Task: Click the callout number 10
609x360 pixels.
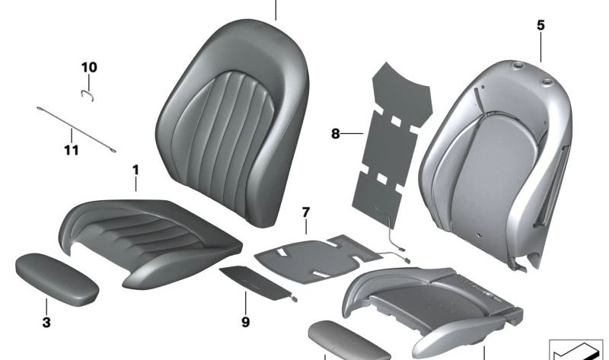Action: (x=89, y=68)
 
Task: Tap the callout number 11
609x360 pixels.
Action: (x=71, y=150)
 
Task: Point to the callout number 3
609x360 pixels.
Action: (x=46, y=322)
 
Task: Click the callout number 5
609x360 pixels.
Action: (x=540, y=25)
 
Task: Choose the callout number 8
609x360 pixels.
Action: (x=335, y=134)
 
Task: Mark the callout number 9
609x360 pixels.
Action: (x=245, y=322)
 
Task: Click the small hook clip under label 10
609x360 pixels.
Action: (x=88, y=94)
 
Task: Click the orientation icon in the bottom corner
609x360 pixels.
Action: (x=576, y=349)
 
